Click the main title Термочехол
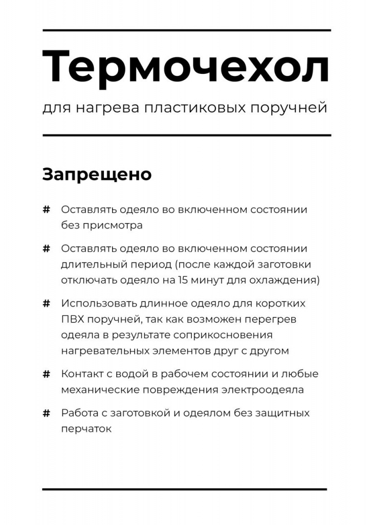[185, 67]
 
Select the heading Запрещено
[97, 174]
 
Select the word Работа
[77, 413]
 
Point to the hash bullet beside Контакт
[46, 374]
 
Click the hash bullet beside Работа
[46, 413]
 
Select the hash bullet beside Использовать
[46, 304]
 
